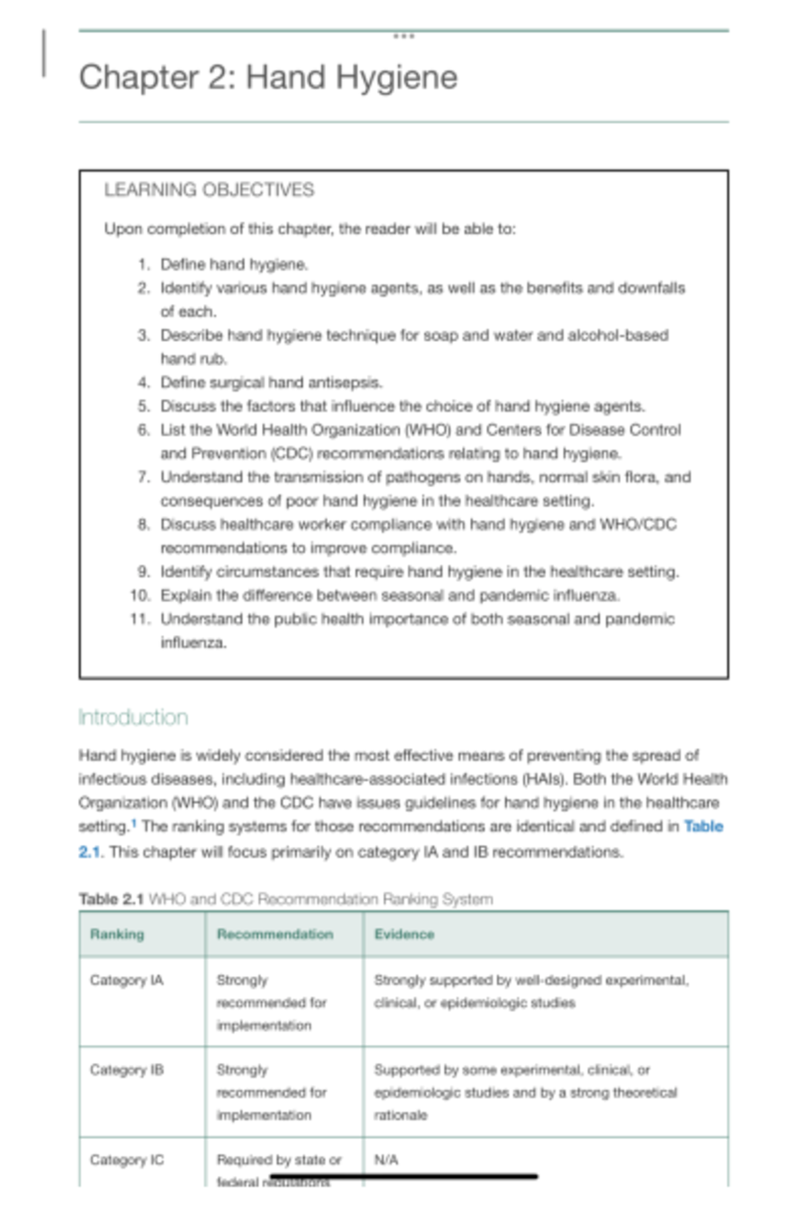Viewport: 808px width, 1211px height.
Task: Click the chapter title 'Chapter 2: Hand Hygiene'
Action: point(268,77)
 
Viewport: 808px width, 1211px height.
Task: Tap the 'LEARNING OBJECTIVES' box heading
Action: point(209,190)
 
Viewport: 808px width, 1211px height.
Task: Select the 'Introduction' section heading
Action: point(133,717)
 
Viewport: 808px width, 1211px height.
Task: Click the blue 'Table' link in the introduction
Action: point(703,826)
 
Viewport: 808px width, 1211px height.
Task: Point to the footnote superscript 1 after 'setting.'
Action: point(133,823)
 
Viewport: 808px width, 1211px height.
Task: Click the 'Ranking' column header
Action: point(117,934)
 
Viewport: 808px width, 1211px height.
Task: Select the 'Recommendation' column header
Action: point(275,934)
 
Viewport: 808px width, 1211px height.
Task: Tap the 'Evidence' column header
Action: point(404,934)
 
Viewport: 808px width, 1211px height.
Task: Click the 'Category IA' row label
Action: point(127,980)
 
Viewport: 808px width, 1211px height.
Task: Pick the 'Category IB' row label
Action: point(127,1070)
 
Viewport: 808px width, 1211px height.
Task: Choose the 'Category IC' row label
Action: point(127,1160)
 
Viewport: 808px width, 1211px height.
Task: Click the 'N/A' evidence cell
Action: point(386,1160)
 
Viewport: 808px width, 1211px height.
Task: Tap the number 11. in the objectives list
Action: point(141,619)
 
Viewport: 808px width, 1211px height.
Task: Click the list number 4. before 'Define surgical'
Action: point(143,383)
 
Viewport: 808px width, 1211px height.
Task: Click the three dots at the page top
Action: point(403,36)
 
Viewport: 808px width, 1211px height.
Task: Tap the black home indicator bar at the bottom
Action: point(404,1177)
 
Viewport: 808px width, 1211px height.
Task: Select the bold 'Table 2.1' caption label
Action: point(111,899)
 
